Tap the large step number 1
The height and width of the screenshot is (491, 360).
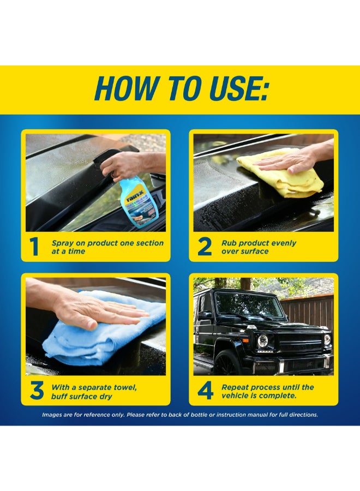click(35, 247)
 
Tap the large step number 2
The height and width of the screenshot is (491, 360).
click(205, 247)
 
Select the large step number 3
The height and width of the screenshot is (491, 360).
click(36, 391)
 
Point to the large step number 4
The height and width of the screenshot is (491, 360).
click(205, 391)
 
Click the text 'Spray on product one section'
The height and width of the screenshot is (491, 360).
click(107, 243)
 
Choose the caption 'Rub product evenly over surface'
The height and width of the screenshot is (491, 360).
click(259, 247)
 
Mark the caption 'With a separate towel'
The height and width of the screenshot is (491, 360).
click(94, 387)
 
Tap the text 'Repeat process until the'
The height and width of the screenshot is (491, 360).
click(267, 387)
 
